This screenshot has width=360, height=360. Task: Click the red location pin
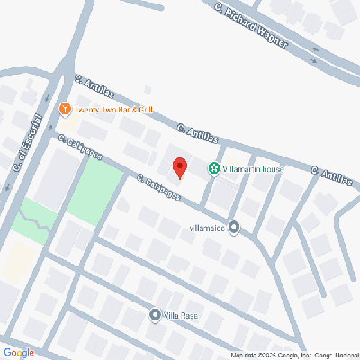click(x=179, y=167)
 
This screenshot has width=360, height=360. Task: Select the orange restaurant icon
click(x=65, y=110)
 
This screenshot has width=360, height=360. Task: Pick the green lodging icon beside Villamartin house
click(x=214, y=167)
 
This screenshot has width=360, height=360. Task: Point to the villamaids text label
click(x=209, y=228)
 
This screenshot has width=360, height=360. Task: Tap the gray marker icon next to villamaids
click(x=234, y=228)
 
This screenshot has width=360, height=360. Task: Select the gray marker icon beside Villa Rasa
click(x=154, y=315)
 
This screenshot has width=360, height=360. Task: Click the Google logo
click(x=18, y=352)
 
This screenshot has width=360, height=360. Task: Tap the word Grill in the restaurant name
click(x=148, y=110)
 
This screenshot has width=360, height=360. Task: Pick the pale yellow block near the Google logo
click(x=16, y=261)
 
